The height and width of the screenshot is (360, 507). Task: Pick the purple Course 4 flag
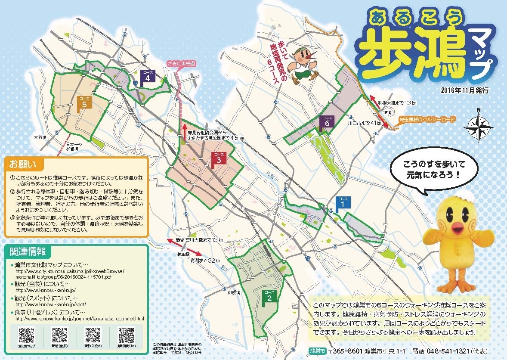point(148,76)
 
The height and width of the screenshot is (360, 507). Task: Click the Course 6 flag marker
point(327,121)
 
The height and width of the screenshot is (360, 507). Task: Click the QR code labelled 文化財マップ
point(26,334)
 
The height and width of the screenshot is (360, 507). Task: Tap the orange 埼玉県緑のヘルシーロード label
point(426,118)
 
